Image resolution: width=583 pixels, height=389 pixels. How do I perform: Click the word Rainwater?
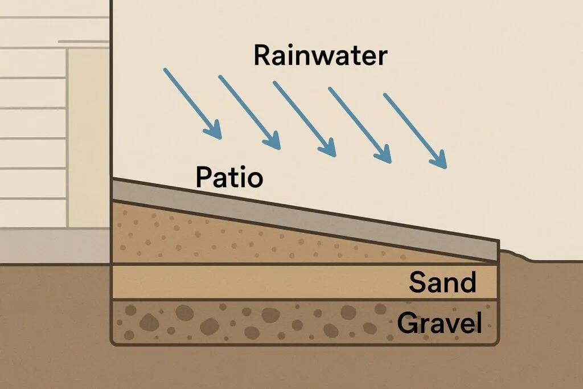point(320,56)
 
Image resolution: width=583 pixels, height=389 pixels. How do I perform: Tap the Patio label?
point(229,178)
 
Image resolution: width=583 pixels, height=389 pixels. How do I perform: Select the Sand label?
point(442,282)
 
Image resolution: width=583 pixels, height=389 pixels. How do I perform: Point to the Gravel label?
point(439,324)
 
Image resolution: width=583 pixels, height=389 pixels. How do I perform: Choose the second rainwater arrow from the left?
point(249,112)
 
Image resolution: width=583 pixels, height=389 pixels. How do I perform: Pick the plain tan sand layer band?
point(256,282)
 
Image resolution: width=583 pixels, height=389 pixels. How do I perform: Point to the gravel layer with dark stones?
point(256,322)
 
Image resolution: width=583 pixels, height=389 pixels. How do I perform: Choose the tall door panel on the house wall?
point(88,137)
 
